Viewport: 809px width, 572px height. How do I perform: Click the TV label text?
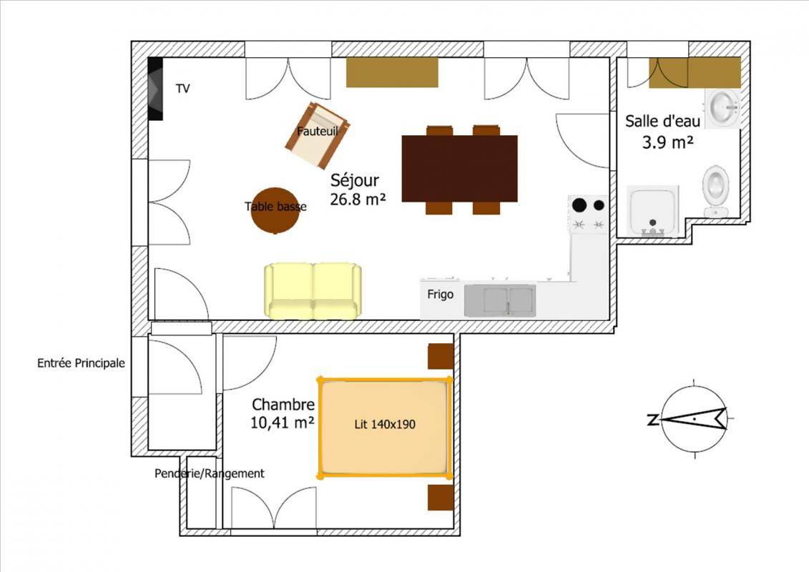[x=182, y=89]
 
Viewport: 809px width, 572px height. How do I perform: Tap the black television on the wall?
[x=155, y=88]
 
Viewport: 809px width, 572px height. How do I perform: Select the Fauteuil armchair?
[x=317, y=135]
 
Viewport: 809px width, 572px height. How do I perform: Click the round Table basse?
[x=275, y=210]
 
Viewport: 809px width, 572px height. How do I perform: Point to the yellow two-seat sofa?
[x=313, y=291]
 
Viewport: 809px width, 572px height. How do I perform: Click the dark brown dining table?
[x=460, y=169]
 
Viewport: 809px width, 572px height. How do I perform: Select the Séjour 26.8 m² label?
[x=358, y=189]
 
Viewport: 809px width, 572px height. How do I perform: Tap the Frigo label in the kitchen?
[x=440, y=295]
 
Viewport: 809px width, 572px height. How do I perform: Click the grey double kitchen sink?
[x=500, y=300]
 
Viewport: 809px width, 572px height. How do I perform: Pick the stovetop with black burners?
[x=588, y=214]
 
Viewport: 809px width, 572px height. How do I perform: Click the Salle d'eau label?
[x=663, y=122]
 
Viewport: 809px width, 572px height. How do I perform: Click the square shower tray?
[x=652, y=211]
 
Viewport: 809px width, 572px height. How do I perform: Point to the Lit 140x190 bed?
[x=384, y=427]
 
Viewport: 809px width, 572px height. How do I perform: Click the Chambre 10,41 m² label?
[x=283, y=414]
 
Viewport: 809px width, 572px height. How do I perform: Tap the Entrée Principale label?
[x=81, y=363]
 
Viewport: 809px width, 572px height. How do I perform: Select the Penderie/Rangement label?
[x=210, y=473]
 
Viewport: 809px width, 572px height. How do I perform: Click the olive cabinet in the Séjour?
[x=392, y=72]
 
